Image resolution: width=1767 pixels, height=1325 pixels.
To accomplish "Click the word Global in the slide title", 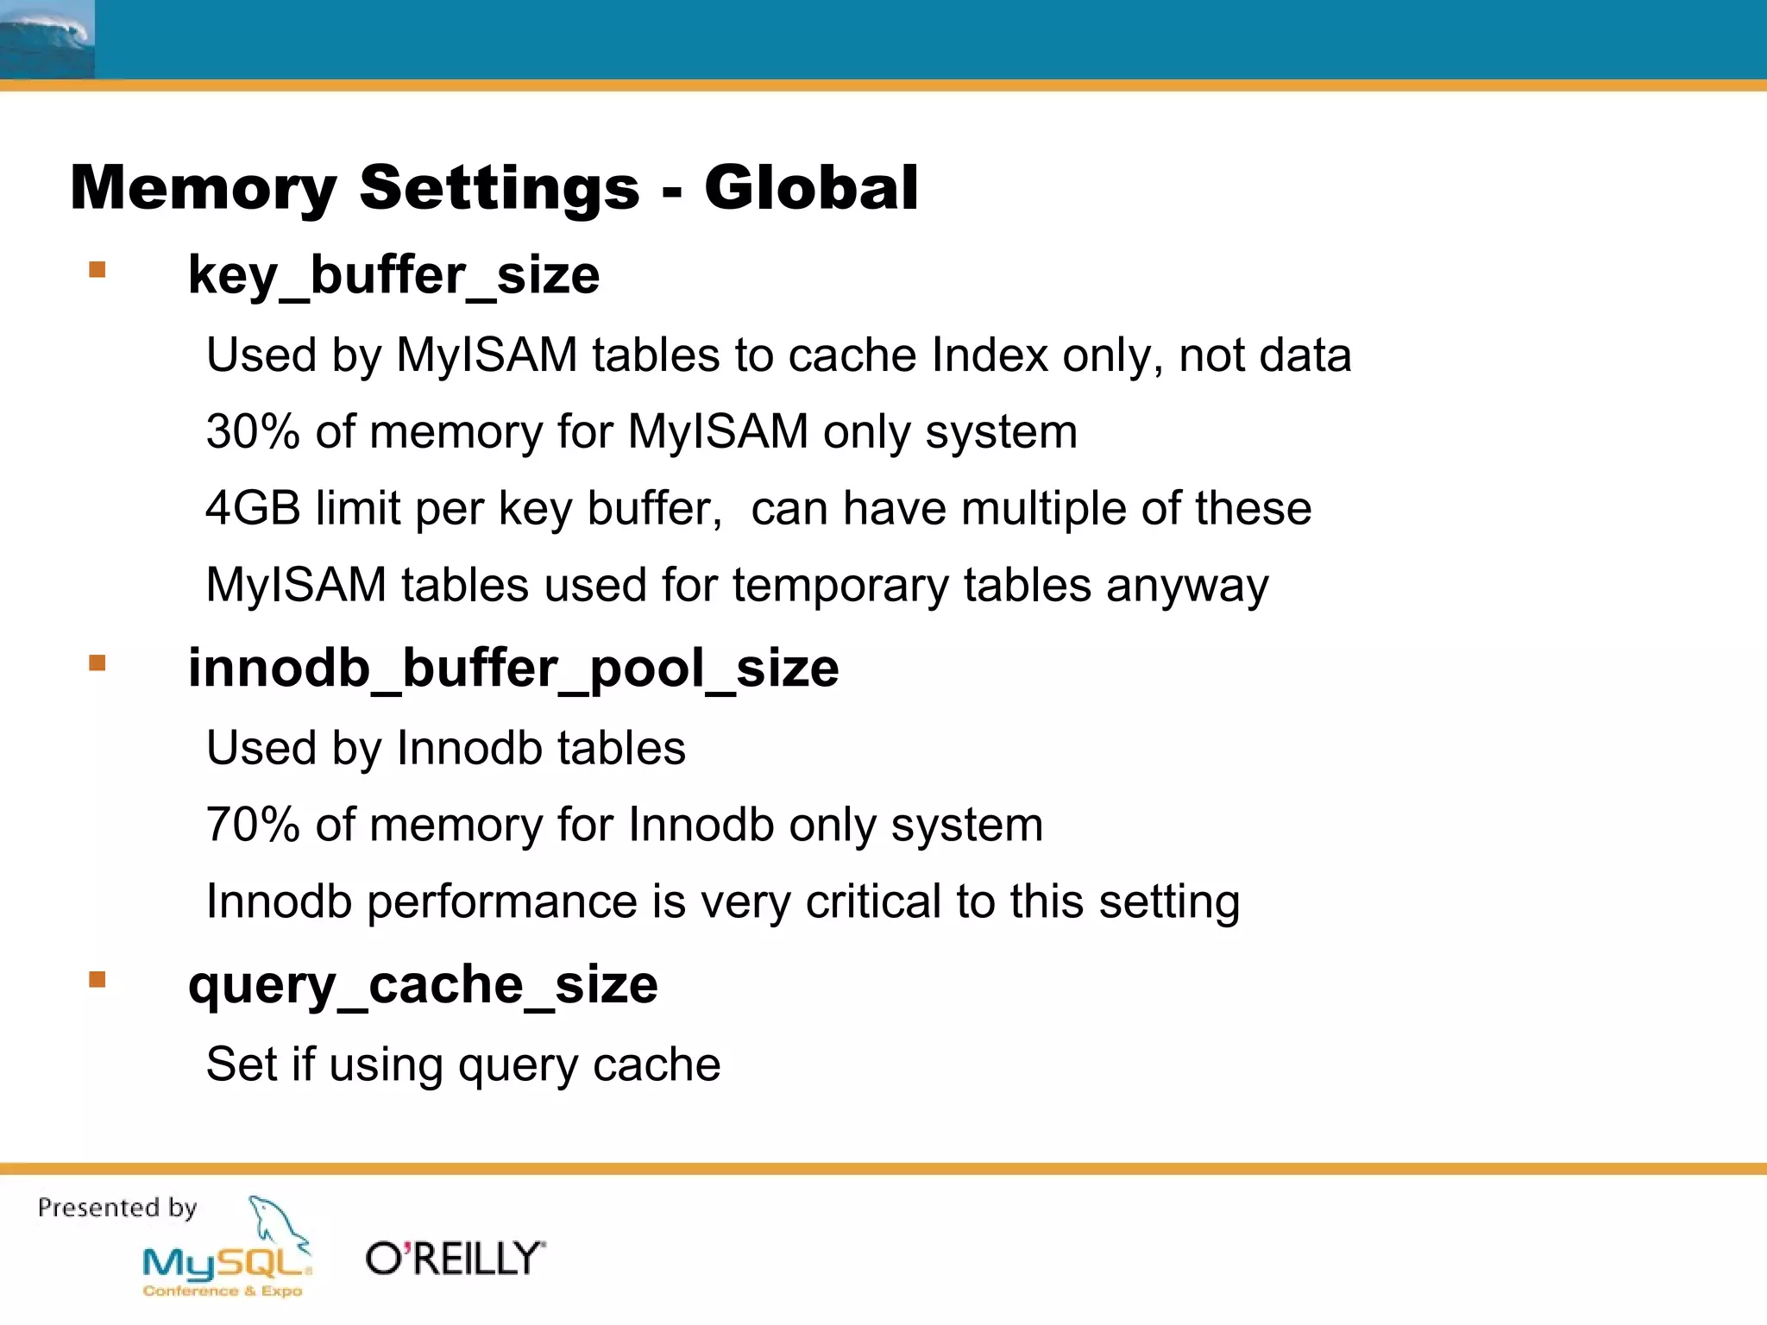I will click(811, 187).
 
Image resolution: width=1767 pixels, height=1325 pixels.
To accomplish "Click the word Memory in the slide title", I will click(204, 187).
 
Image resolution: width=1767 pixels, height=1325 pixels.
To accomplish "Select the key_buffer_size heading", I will click(393, 275).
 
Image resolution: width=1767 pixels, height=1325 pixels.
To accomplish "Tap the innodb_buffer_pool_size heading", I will click(513, 668).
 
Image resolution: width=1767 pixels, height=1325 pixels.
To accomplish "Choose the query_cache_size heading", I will click(423, 984).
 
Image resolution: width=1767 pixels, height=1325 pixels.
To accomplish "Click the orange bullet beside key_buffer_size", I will click(97, 270).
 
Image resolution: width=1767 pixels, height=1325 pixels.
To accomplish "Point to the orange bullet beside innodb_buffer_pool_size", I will click(97, 662).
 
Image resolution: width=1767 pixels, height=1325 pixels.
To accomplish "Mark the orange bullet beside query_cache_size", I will click(97, 979).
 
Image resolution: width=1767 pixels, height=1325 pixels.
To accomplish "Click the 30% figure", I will click(253, 431).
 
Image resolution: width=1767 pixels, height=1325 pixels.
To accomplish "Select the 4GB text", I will click(253, 508).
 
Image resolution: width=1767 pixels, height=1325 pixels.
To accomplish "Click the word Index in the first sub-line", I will click(990, 355).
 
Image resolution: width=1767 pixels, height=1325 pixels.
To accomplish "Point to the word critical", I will click(873, 901).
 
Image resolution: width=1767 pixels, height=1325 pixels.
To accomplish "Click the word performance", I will click(502, 901).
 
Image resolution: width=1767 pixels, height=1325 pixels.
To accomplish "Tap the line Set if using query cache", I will click(463, 1064).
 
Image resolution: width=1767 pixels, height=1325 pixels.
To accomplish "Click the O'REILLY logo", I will click(456, 1259).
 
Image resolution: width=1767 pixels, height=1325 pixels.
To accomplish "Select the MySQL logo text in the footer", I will click(226, 1264).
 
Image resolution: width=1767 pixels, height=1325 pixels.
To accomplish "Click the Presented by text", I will click(117, 1208).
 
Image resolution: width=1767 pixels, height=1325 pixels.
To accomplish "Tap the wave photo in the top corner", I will click(47, 39).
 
